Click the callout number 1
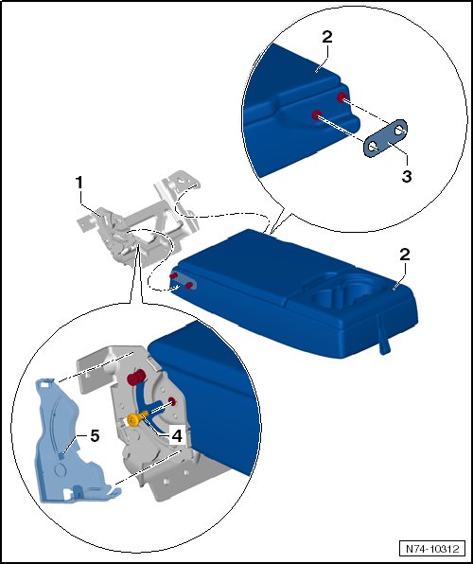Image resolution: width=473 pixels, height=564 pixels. point(79,183)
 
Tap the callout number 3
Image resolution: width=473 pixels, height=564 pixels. point(407,176)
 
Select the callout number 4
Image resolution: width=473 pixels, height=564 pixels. point(177,436)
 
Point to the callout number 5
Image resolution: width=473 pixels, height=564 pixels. point(95,436)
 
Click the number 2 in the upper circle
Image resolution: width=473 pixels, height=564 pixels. point(327,37)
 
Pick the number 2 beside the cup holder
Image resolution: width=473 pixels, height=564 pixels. point(405,255)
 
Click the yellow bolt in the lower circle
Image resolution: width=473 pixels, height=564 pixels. point(135,418)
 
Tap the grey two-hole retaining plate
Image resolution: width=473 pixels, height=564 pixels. point(385,138)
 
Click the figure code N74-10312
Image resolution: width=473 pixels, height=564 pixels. point(432,549)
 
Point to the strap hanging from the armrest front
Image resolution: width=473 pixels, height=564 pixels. point(383,335)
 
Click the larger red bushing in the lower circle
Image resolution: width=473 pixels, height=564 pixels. point(135,378)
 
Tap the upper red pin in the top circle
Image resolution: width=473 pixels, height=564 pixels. point(342,97)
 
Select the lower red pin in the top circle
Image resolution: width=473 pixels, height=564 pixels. point(317,115)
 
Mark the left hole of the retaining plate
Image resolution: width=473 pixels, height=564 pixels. point(373,147)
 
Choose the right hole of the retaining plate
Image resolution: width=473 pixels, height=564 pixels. point(399,131)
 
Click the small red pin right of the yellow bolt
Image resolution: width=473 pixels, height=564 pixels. point(172,401)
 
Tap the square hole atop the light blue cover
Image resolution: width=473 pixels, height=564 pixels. point(44,384)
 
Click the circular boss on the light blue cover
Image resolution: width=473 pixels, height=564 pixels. point(60,470)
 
